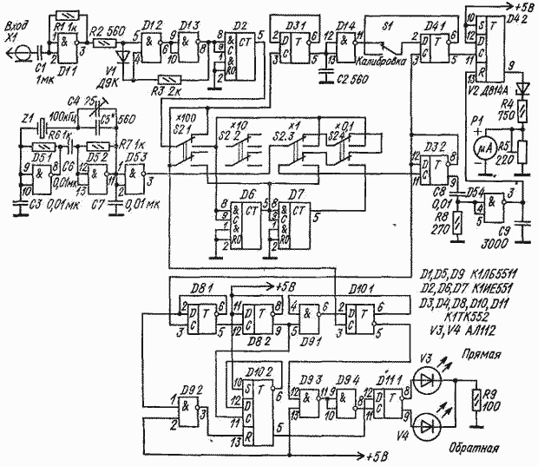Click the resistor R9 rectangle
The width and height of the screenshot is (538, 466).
pos(476,400)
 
